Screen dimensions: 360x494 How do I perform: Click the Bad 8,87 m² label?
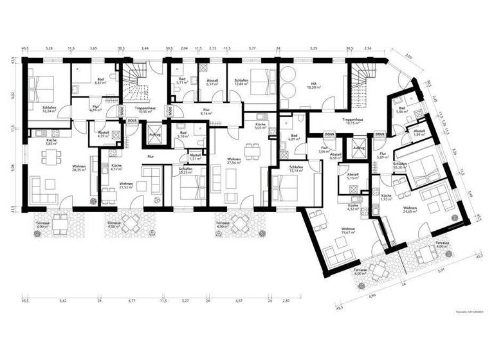99,82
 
